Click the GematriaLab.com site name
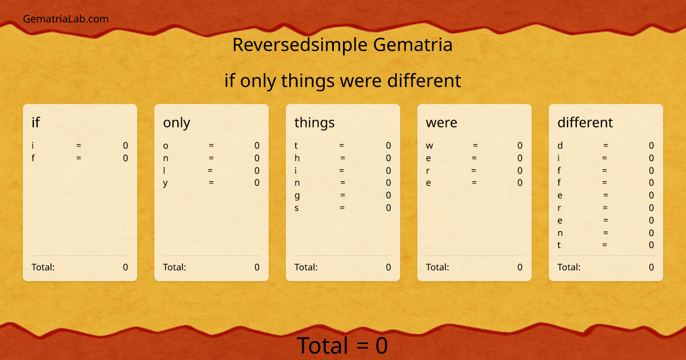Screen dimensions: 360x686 coord(66,19)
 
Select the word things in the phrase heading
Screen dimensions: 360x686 coord(308,81)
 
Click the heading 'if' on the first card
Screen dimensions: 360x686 coord(35,122)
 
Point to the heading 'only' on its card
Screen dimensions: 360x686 coord(177,122)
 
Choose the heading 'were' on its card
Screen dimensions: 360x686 coord(441,122)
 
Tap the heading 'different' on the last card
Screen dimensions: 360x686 coord(585,122)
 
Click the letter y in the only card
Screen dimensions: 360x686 coord(165,183)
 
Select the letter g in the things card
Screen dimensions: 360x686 coord(297,195)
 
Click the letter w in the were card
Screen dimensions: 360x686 coord(429,146)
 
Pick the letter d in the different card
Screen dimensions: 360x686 coord(560,146)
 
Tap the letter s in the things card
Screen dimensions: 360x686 coord(297,208)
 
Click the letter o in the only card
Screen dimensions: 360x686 coord(166,146)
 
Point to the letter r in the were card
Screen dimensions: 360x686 coord(428,170)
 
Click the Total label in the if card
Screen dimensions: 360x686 coord(43,267)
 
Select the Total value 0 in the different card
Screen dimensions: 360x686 coord(651,267)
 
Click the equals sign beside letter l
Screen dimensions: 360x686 coord(210,170)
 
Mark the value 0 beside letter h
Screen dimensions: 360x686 coord(388,158)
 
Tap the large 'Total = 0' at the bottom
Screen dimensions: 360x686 coord(342,346)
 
